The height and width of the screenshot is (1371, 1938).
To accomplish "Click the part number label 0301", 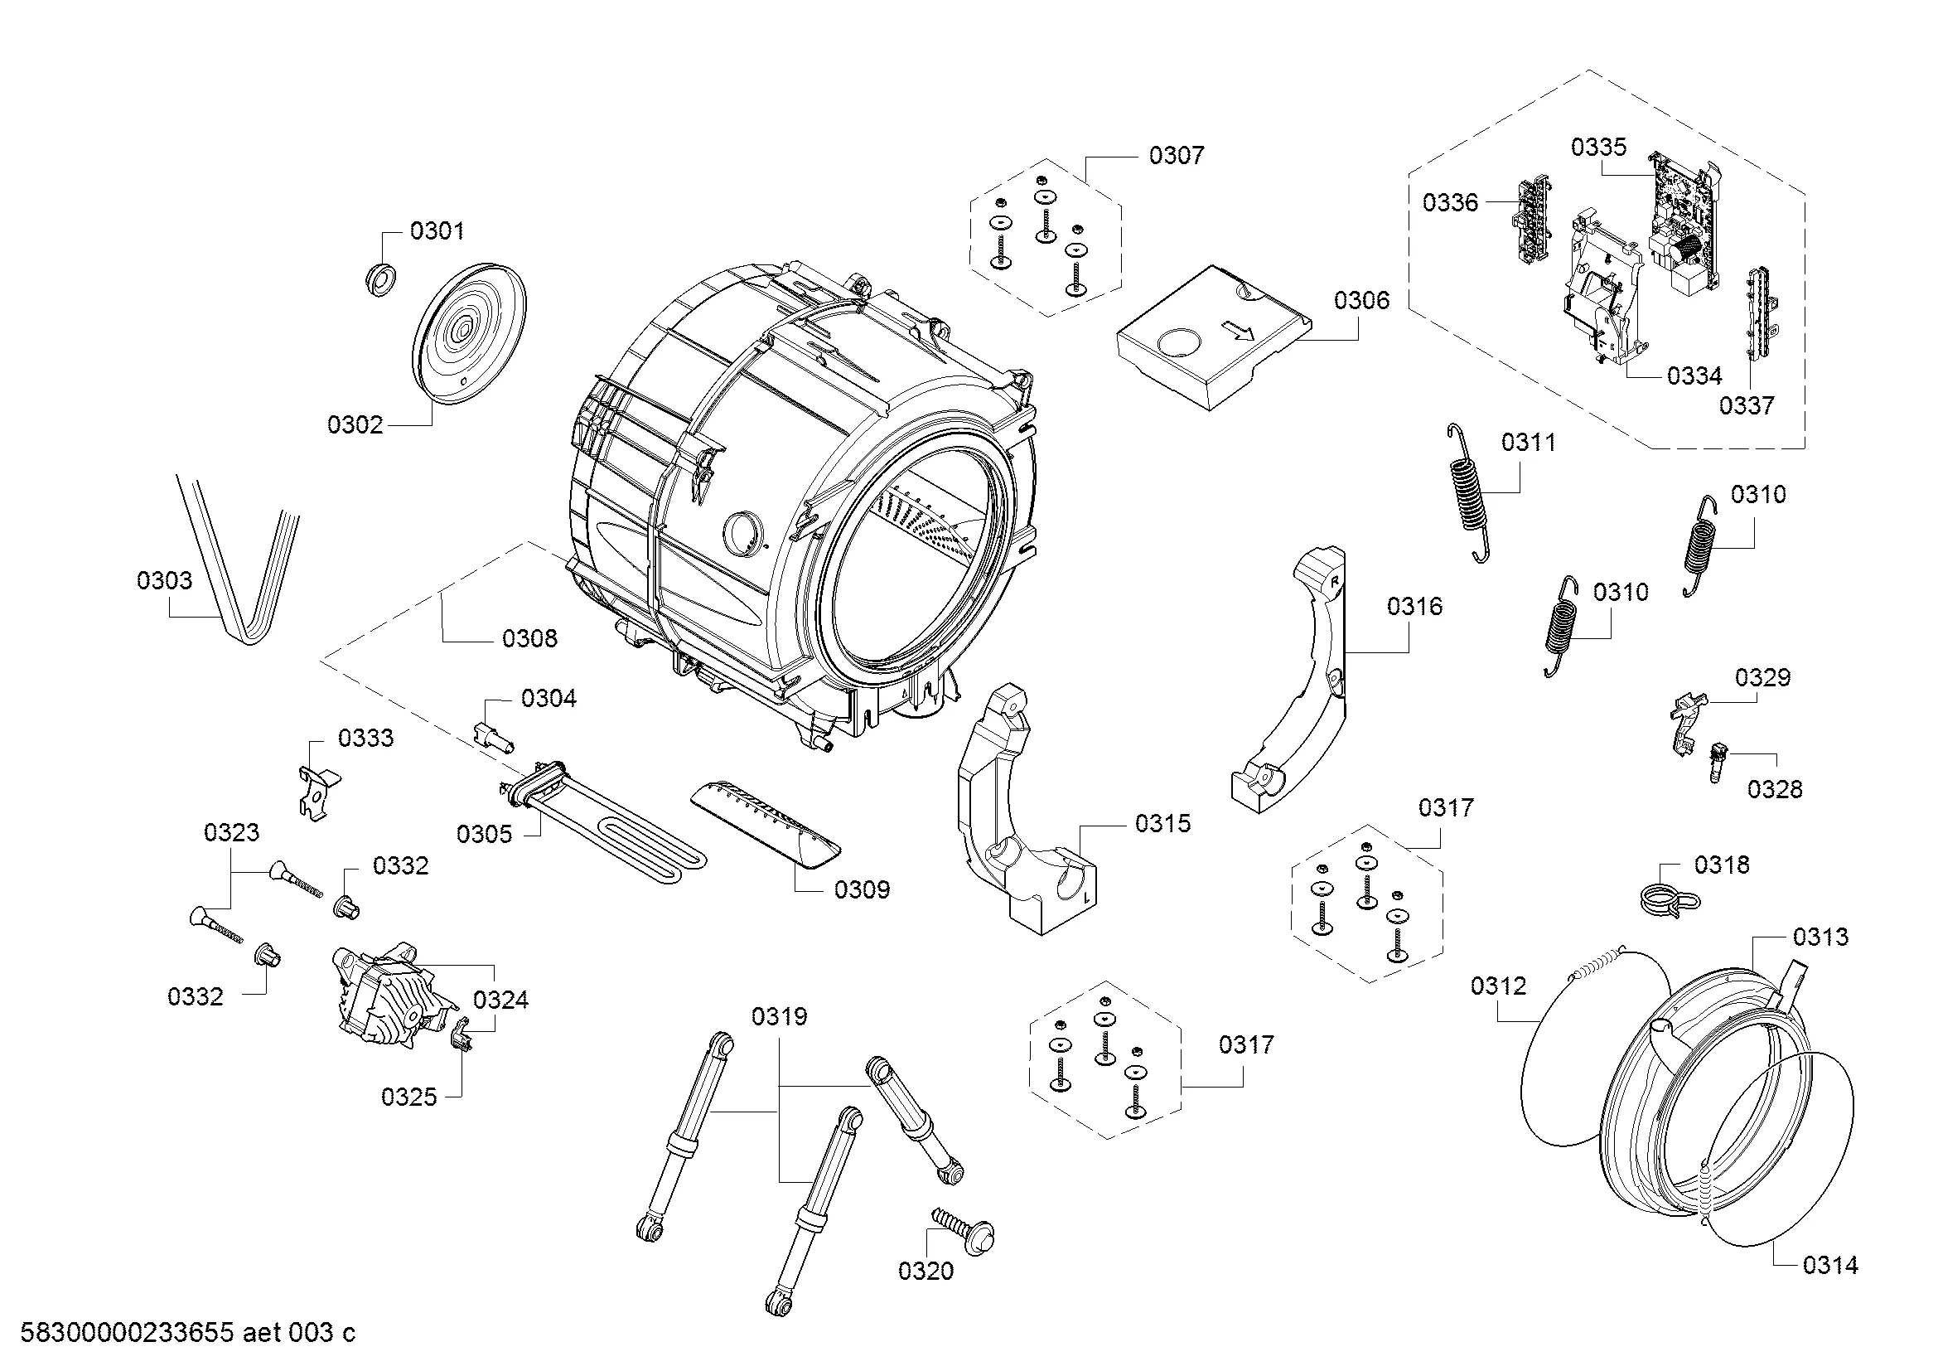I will tap(437, 230).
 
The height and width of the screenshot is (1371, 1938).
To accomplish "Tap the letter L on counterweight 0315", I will tap(1086, 898).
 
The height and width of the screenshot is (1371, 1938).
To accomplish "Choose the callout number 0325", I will tap(408, 1097).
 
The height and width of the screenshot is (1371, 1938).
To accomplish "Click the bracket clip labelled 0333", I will tap(316, 792).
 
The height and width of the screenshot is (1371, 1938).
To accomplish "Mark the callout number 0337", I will tap(1747, 405).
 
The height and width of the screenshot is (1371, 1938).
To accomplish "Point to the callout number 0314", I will tap(1830, 1288).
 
